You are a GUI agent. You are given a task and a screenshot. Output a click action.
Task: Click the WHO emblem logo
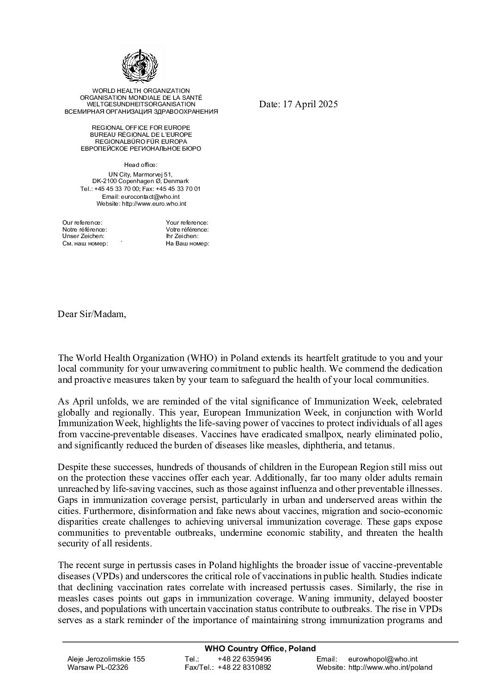140,66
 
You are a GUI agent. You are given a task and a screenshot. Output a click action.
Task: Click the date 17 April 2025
298,104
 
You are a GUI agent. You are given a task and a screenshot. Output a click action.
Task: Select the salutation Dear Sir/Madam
92,314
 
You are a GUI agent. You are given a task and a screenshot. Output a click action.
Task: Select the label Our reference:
82,223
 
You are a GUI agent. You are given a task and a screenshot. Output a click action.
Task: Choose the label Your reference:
187,223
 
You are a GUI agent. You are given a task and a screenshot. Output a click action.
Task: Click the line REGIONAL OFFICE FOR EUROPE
141,128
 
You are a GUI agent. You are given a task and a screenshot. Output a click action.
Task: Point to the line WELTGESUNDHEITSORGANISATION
141,104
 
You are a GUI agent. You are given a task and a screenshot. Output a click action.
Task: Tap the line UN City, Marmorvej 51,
141,174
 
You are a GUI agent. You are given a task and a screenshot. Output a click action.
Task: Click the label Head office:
141,165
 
